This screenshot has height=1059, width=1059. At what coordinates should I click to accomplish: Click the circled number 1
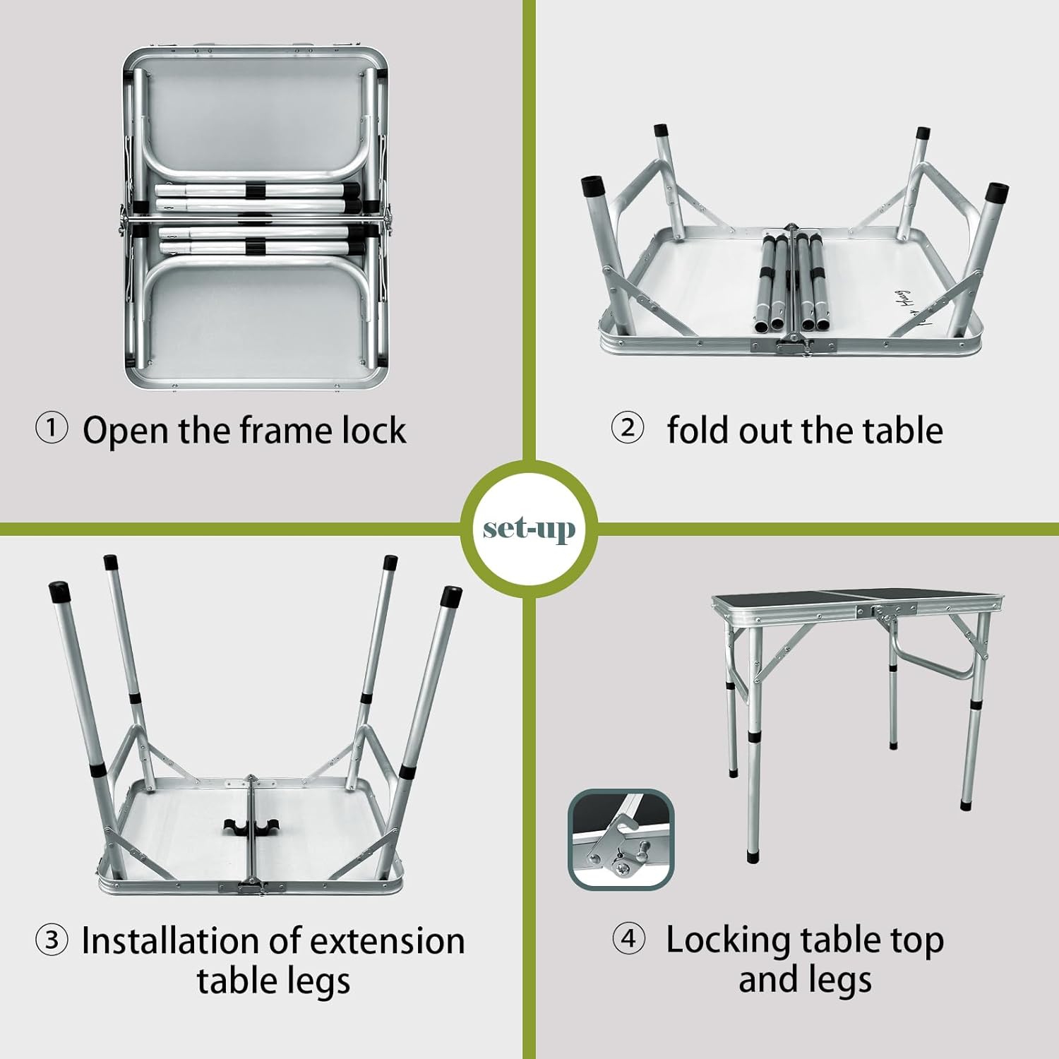pyautogui.click(x=52, y=429)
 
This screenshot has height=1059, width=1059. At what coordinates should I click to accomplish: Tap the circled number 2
pyautogui.click(x=628, y=428)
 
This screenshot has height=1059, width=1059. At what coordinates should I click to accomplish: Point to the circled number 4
pyautogui.click(x=628, y=939)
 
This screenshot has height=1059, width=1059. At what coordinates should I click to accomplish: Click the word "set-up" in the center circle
pyautogui.click(x=529, y=529)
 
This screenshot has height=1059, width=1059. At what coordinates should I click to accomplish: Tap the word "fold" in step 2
pyautogui.click(x=698, y=430)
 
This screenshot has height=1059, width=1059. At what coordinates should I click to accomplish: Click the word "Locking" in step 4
pyautogui.click(x=727, y=941)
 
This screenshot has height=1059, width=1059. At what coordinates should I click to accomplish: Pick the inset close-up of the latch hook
pyautogui.click(x=621, y=839)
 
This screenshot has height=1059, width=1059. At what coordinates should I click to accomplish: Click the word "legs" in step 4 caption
pyautogui.click(x=839, y=980)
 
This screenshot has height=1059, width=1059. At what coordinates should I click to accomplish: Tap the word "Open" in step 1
pyautogui.click(x=125, y=430)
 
